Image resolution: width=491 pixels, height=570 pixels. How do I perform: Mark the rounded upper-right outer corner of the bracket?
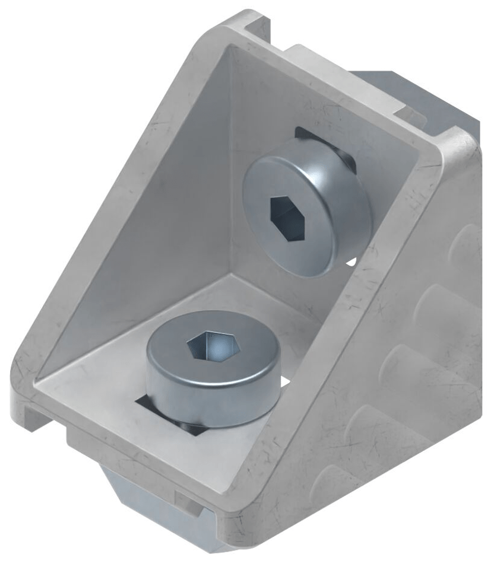coord(460,142)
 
